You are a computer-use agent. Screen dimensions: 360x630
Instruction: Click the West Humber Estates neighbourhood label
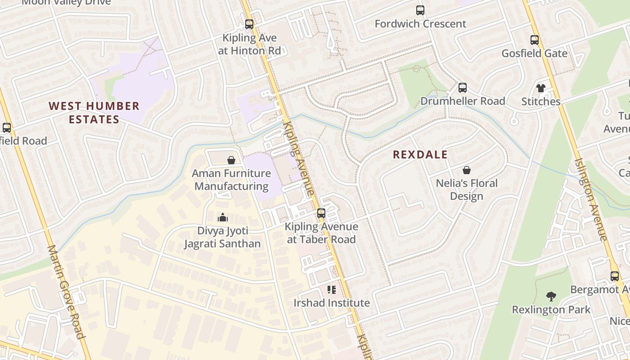click(94, 112)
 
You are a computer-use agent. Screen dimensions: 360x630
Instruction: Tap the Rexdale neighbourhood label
click(420, 155)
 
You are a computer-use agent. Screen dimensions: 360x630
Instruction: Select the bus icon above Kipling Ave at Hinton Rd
click(249, 24)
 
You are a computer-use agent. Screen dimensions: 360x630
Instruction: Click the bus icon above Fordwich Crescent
click(420, 10)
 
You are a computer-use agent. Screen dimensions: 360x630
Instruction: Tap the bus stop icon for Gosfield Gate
click(534, 40)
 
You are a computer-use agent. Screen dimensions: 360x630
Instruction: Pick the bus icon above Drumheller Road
click(462, 88)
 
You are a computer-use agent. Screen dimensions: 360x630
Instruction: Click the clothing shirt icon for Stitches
click(540, 88)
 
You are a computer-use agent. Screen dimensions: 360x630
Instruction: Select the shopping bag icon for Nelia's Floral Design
click(467, 170)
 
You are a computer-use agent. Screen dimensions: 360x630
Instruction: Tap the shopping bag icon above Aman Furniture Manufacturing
click(231, 160)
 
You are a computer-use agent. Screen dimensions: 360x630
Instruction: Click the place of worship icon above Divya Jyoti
click(222, 218)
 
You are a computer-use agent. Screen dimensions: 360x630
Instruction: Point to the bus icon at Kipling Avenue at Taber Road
click(321, 213)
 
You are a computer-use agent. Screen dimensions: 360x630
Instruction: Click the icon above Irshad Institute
click(332, 290)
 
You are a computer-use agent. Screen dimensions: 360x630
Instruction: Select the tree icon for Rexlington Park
click(551, 297)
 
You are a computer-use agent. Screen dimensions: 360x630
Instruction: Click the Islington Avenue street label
click(591, 199)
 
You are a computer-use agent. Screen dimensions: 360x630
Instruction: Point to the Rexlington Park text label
click(551, 310)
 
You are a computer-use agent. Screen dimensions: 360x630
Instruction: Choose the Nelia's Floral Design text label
click(467, 189)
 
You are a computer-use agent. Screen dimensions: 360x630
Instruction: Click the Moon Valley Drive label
click(66, 3)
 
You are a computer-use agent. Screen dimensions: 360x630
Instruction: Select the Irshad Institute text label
click(332, 303)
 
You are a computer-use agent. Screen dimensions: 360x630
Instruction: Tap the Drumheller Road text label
click(462, 101)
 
